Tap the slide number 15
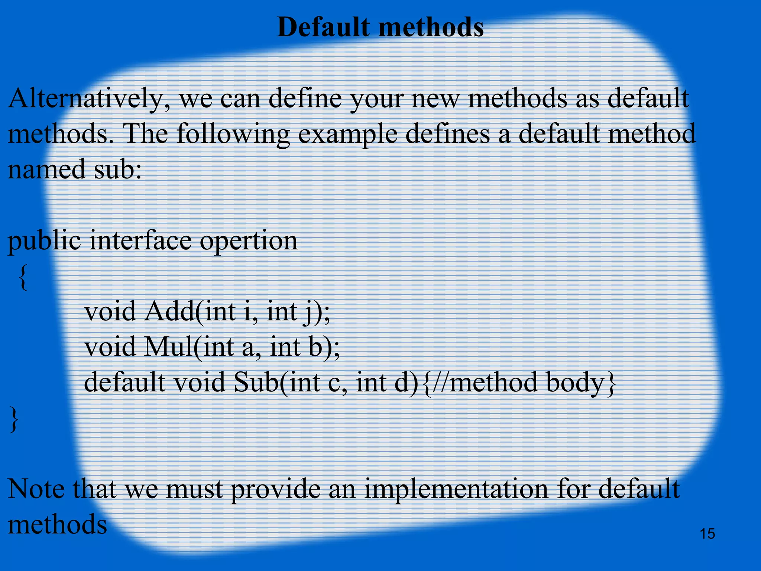pos(707,534)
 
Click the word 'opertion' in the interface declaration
pos(249,241)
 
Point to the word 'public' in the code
pos(44,241)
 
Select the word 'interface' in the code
pos(141,241)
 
